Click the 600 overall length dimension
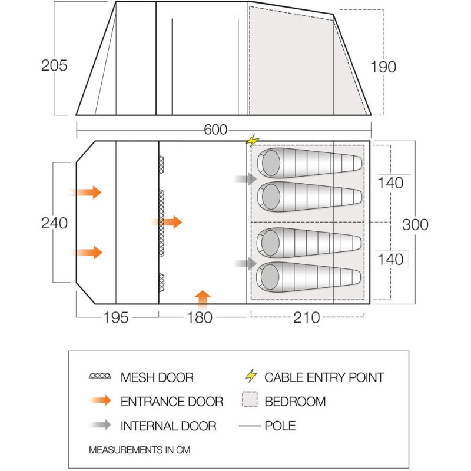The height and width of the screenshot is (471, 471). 215,130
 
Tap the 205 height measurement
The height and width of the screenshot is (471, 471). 54,65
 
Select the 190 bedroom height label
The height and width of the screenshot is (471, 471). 383,67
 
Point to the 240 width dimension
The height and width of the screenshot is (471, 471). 54,223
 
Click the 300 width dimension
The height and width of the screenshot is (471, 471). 415,225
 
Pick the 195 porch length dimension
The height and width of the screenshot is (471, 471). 115,317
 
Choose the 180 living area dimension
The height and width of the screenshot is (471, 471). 200,317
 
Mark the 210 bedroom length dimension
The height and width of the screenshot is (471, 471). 307,317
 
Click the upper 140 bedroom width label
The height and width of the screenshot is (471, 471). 390,183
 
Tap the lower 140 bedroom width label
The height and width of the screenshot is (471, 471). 390,259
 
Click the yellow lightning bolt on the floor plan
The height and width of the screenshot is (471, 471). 253,140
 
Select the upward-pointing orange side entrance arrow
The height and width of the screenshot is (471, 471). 203,300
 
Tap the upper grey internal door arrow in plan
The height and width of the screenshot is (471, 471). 246,179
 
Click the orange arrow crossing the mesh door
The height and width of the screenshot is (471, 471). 167,222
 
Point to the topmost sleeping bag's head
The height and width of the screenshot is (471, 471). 271,163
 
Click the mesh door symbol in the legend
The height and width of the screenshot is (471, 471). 100,376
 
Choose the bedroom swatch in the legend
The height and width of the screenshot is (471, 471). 250,399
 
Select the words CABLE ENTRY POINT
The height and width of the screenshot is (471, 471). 324,377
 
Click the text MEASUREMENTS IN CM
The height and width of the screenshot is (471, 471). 140,450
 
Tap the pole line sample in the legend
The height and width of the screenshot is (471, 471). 250,426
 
